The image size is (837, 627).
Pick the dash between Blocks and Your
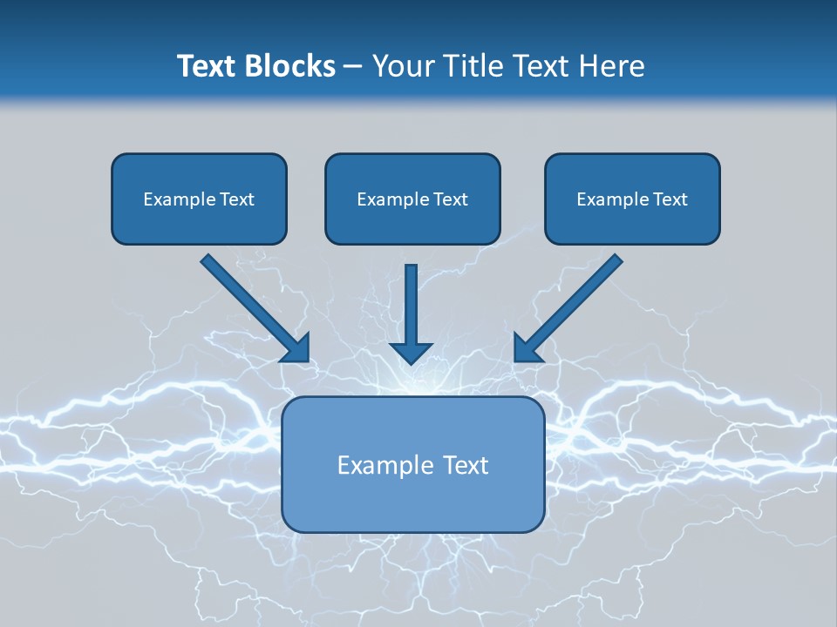click(353, 66)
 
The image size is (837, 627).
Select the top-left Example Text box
click(199, 199)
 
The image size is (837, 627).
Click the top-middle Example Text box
click(412, 199)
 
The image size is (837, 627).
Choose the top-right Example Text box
click(632, 199)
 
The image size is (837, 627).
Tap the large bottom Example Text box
click(412, 464)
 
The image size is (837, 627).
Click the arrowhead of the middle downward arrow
click(412, 351)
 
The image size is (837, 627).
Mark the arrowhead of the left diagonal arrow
click(296, 348)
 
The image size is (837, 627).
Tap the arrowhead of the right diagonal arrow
click(528, 348)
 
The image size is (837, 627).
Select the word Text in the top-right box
click(670, 199)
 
